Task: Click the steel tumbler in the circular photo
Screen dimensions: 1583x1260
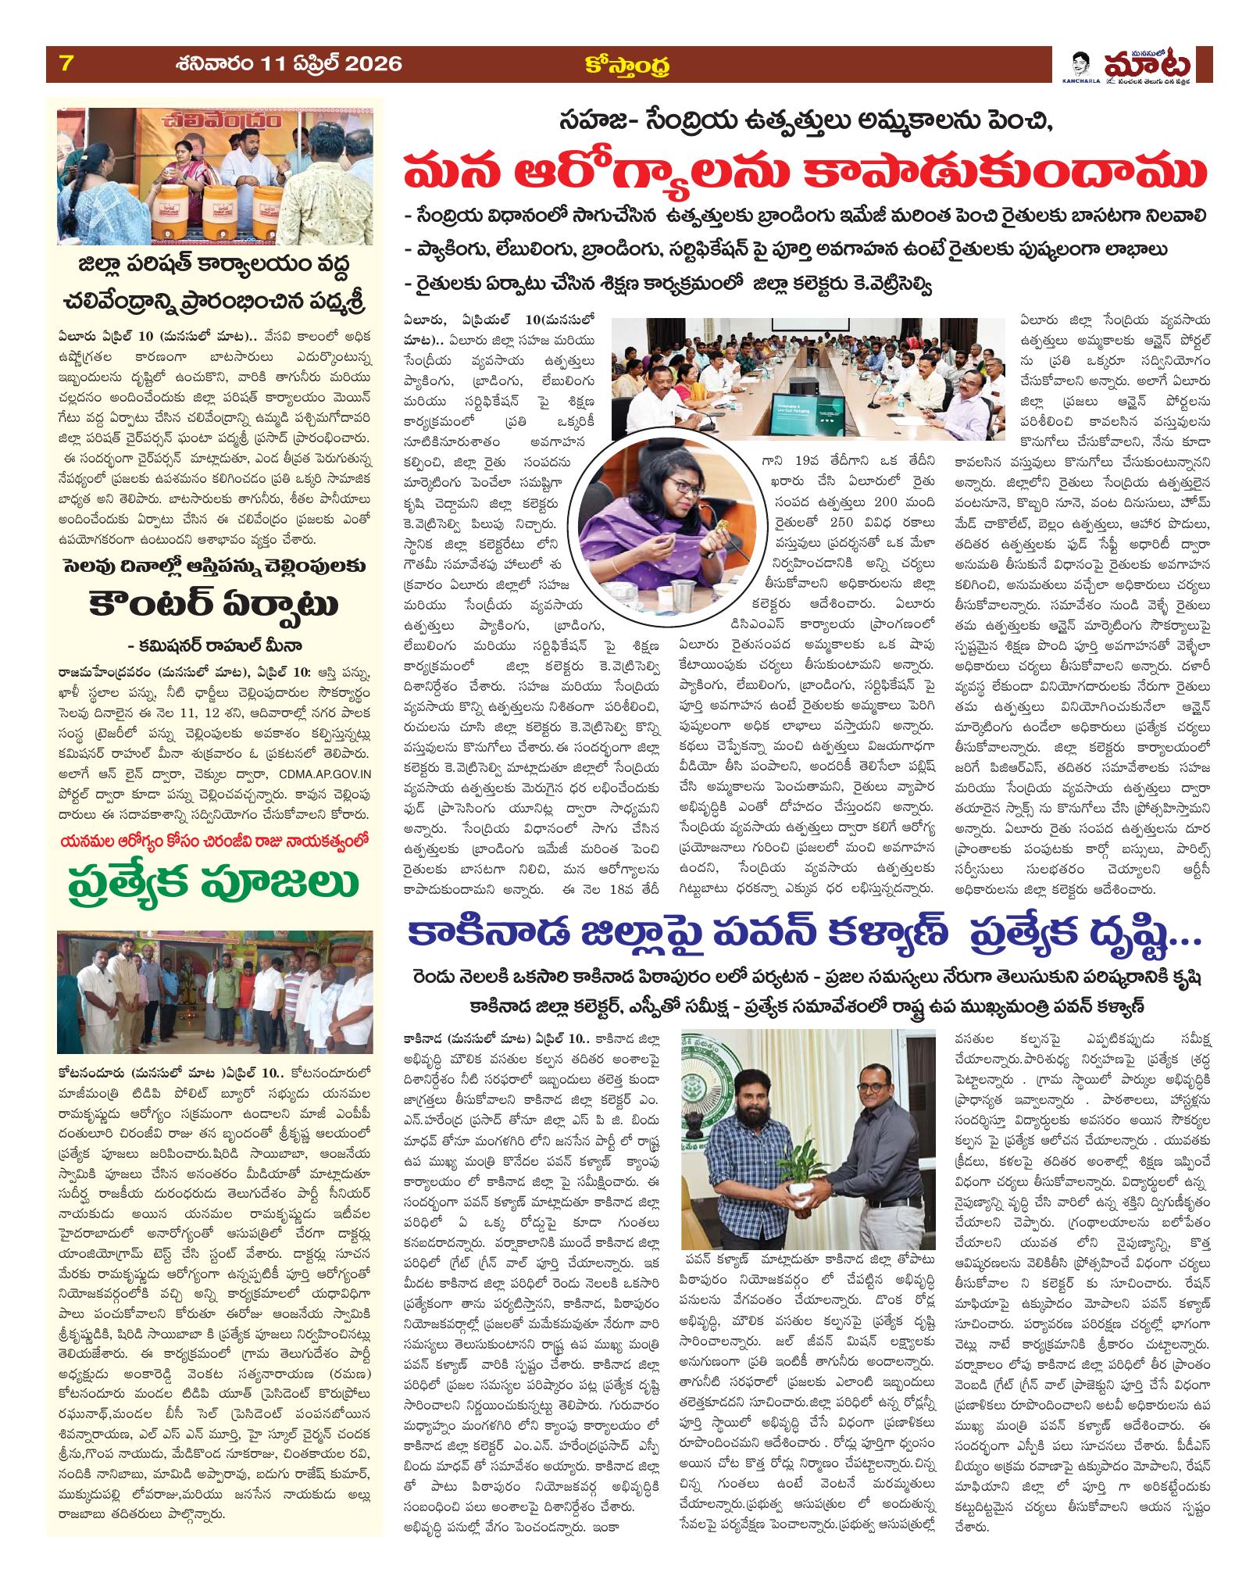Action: [x=702, y=582]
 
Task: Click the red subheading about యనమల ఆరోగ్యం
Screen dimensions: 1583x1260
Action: [x=210, y=836]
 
